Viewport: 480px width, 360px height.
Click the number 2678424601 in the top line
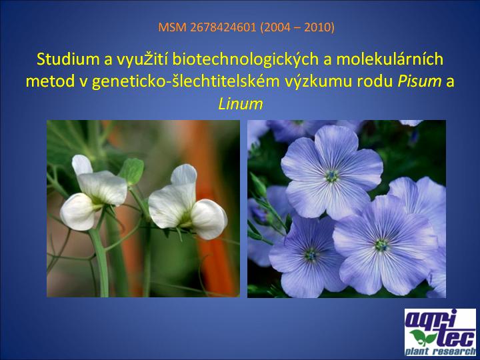pos(223,27)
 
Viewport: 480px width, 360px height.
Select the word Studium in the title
pos(67,59)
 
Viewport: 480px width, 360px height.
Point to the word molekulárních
pos(389,59)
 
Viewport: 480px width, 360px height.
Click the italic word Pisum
pos(419,81)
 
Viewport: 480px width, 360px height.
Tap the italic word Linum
pos(241,104)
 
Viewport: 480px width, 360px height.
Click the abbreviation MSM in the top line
pos(173,27)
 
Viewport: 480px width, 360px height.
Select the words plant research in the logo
pos(440,351)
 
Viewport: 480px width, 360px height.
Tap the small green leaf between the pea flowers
pos(131,171)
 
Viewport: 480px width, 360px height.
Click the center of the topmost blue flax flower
pos(332,176)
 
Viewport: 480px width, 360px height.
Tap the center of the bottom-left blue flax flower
pos(311,254)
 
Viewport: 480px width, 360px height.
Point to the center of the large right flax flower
pos(382,245)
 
